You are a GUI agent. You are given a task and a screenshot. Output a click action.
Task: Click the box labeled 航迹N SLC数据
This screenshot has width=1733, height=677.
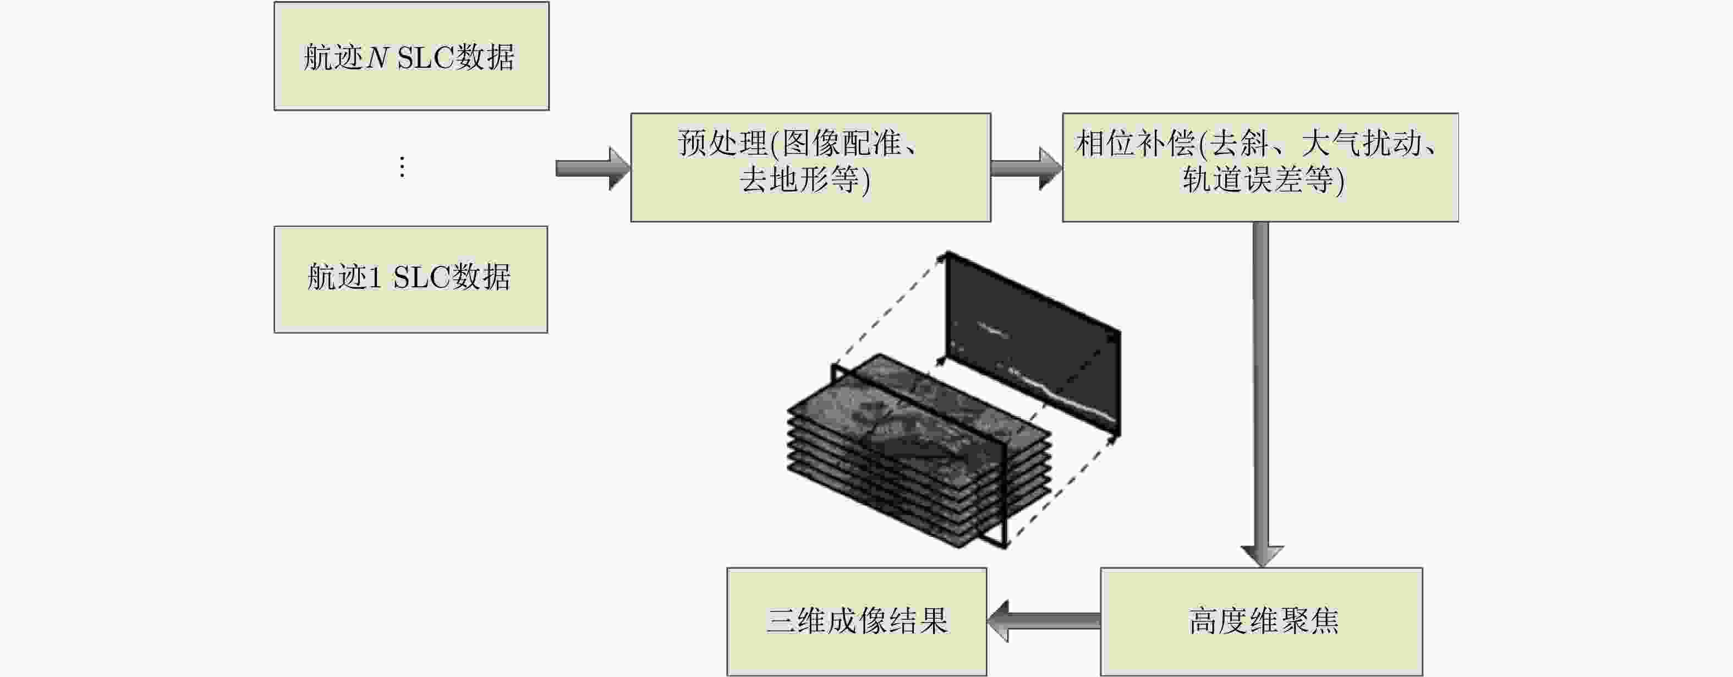(x=411, y=56)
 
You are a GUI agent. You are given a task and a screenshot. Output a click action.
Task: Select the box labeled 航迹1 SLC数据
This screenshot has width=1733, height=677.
(x=410, y=279)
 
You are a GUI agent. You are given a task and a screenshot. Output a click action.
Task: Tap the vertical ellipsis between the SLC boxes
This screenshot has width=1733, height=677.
(x=402, y=167)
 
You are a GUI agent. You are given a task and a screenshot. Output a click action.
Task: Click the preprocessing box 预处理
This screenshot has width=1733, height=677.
(x=810, y=167)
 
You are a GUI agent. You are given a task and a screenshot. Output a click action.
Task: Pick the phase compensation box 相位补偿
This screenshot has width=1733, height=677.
(x=1260, y=167)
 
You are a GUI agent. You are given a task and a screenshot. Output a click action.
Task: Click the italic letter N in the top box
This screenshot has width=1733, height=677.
(x=377, y=58)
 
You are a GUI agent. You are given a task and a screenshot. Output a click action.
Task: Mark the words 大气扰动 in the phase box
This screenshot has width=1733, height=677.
(x=1362, y=143)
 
